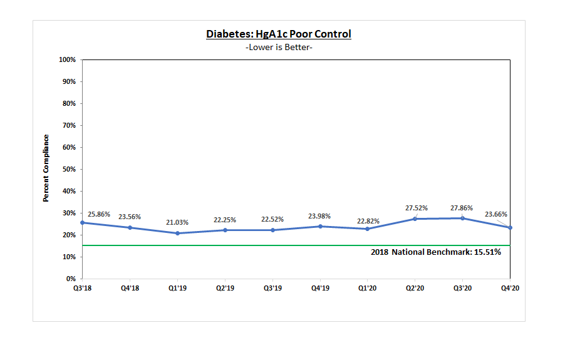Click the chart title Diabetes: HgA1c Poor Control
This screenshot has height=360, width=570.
tap(279, 34)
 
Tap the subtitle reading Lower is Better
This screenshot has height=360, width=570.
tap(279, 48)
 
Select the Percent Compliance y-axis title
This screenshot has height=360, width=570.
tap(46, 168)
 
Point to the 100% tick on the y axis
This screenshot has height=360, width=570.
tap(68, 60)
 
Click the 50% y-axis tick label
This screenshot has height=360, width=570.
tap(69, 170)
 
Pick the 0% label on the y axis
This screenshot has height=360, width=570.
tap(71, 279)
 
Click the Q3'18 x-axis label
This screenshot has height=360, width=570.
tap(82, 288)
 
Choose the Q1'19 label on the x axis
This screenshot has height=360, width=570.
tap(177, 288)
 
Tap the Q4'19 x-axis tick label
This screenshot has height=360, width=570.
tap(320, 288)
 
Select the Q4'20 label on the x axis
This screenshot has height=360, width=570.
tap(510, 288)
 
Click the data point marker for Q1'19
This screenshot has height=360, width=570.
tap(177, 233)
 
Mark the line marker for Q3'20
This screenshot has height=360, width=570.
tap(462, 218)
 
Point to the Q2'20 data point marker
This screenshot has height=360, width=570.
tap(415, 219)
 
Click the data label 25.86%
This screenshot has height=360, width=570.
tap(99, 214)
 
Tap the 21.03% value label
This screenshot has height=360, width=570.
tap(177, 222)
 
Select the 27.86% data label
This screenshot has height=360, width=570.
tap(462, 208)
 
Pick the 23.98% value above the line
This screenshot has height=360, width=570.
tap(320, 216)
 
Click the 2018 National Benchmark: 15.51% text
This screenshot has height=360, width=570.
tap(436, 252)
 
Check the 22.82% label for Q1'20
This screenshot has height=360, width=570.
tap(368, 221)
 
